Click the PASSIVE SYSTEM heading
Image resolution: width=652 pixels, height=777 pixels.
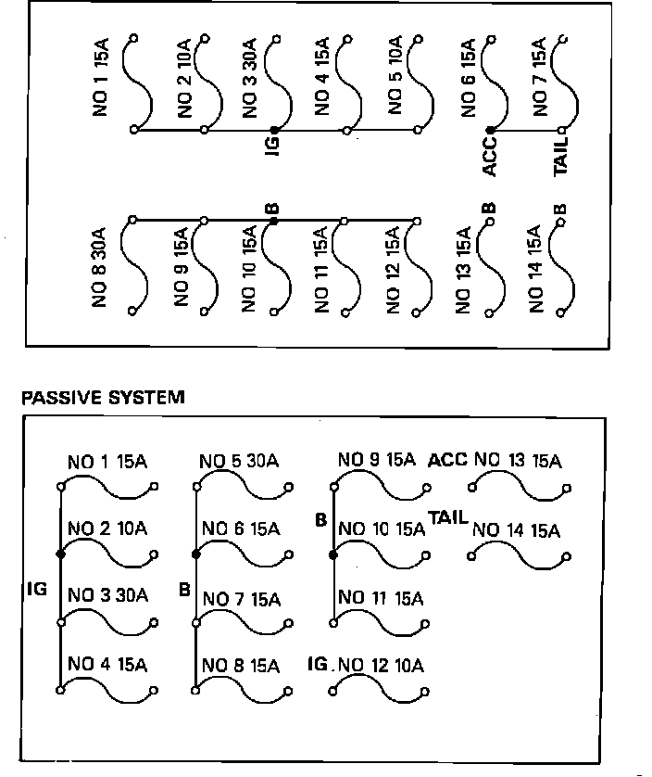click(103, 398)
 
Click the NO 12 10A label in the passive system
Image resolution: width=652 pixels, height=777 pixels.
click(381, 665)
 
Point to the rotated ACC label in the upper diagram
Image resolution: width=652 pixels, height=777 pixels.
click(490, 155)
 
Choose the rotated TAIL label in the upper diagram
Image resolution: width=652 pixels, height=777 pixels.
click(561, 156)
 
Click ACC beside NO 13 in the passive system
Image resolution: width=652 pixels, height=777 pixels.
click(448, 461)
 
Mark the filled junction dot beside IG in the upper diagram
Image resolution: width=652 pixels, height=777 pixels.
click(274, 131)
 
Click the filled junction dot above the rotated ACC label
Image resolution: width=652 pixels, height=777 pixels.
click(490, 131)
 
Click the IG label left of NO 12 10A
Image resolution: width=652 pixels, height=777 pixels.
click(318, 664)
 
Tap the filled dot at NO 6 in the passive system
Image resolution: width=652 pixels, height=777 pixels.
click(195, 554)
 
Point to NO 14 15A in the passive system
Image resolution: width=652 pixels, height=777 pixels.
click(516, 531)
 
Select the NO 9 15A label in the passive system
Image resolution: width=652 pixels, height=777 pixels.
click(376, 459)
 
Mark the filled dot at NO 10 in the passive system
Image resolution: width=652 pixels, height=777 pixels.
click(332, 554)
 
